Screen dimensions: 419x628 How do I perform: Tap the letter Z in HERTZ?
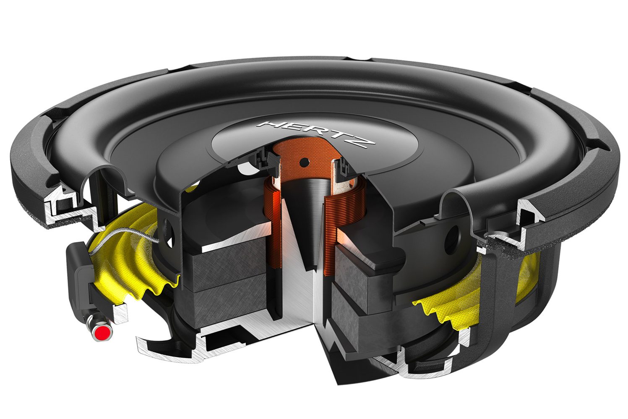click(364, 143)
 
